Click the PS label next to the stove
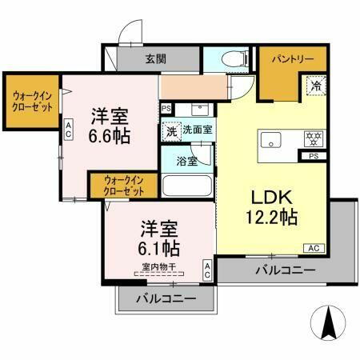coord(313,158)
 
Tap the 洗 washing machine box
coord(171,130)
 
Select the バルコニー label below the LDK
coord(284,270)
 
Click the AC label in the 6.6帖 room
coord(70,128)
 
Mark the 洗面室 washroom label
coord(196,129)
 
